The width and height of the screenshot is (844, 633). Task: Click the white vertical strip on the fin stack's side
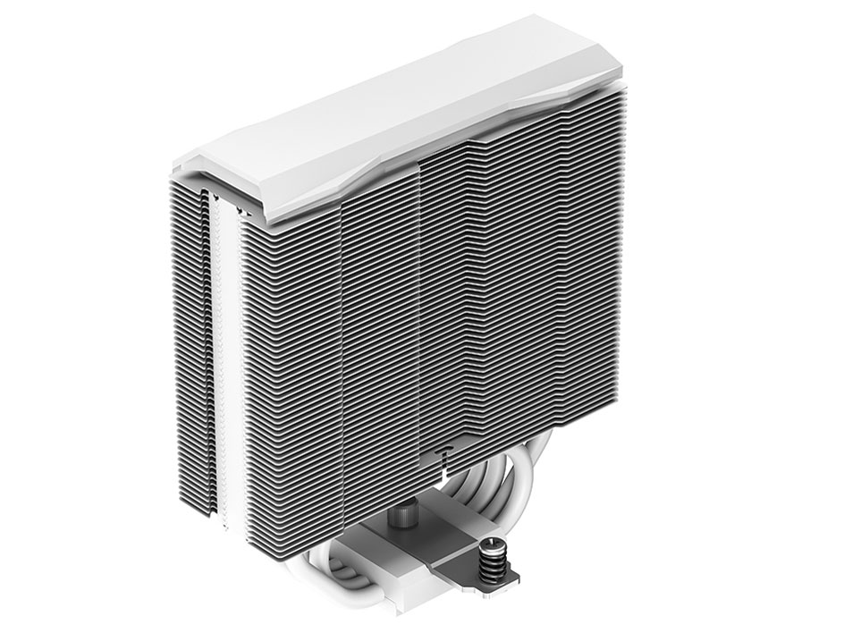coord(232,358)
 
